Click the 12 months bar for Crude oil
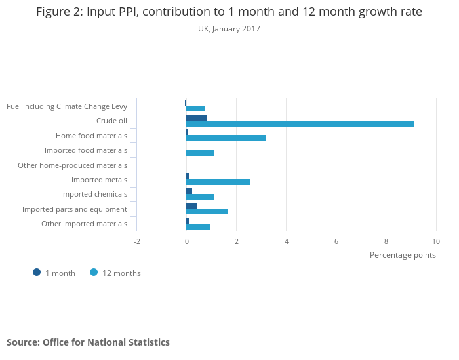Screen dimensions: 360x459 (x=300, y=123)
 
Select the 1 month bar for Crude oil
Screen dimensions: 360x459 (x=197, y=118)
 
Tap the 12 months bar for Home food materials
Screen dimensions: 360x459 (x=226, y=138)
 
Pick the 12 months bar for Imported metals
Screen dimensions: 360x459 (x=218, y=182)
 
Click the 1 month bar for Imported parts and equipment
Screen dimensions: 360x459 (x=191, y=205)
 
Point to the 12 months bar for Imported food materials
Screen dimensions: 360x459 (x=200, y=153)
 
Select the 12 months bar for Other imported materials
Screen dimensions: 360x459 (x=199, y=226)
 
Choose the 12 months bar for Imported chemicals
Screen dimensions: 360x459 (x=201, y=197)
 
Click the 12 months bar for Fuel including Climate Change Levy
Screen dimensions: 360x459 (x=195, y=108)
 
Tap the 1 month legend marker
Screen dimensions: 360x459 (x=37, y=272)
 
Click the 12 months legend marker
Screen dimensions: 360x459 (x=94, y=272)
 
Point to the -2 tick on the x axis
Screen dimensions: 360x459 (x=137, y=241)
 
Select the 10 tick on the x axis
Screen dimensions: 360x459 (x=436, y=241)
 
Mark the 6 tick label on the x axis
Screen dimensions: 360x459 (x=336, y=241)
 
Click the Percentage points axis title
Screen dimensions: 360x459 (x=403, y=255)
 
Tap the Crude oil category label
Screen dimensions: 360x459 (x=111, y=121)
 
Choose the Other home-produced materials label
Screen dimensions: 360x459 (x=72, y=165)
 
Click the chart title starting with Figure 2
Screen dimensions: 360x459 (x=229, y=12)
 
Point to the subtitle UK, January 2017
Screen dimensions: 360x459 (x=229, y=29)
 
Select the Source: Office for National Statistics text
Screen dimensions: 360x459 (x=88, y=342)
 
